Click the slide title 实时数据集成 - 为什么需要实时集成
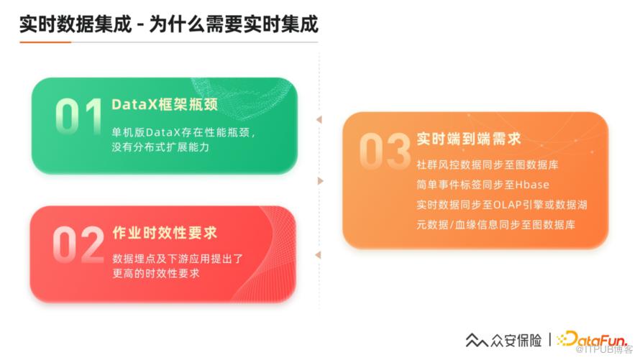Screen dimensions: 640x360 click(168, 24)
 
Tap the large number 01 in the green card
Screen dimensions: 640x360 click(79, 116)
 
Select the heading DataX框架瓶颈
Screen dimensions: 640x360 click(165, 104)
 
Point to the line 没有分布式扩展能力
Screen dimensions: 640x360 click(160, 147)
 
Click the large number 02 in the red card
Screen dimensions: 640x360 click(78, 244)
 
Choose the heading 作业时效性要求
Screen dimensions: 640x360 click(165, 233)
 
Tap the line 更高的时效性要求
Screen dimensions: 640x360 click(156, 273)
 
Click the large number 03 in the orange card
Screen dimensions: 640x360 click(385, 151)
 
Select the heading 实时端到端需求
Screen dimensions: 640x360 click(469, 139)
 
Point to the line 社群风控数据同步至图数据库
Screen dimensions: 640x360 click(488, 165)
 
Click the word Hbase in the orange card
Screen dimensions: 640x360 click(532, 185)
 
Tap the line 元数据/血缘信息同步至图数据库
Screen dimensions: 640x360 click(496, 225)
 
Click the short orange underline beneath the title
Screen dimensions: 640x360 click(45, 42)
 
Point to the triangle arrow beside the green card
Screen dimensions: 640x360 click(319, 119)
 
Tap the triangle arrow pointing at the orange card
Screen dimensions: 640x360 click(321, 181)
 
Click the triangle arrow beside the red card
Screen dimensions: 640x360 click(319, 255)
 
